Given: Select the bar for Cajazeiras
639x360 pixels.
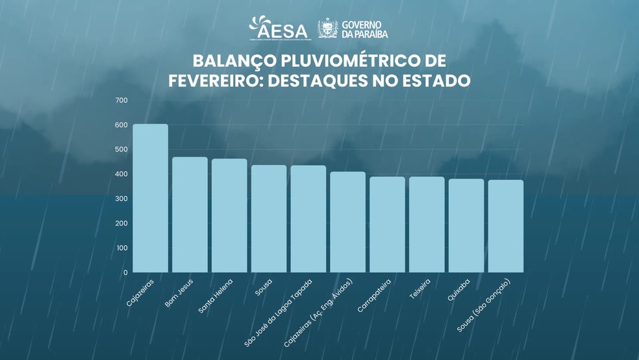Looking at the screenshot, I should point(150,198).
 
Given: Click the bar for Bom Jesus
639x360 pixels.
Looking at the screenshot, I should point(190,214).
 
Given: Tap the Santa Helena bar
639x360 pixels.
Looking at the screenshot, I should point(229,216).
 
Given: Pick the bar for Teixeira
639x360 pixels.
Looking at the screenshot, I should point(427,225).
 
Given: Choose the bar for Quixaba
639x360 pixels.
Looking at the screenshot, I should point(466,225).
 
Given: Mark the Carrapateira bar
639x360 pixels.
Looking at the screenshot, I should point(387,225).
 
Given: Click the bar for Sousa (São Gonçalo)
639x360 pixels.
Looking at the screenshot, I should point(506,226).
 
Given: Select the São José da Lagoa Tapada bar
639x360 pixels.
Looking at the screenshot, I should point(308,219).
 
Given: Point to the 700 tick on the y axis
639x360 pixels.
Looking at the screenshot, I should point(121,100).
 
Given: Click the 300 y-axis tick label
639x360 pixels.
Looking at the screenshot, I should point(121,199).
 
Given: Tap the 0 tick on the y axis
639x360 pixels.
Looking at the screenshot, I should point(125,273).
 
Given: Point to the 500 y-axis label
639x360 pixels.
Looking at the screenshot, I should point(121,149).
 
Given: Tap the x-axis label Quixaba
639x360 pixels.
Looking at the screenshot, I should point(458,289).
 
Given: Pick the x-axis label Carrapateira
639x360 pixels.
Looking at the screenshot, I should point(375,296).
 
